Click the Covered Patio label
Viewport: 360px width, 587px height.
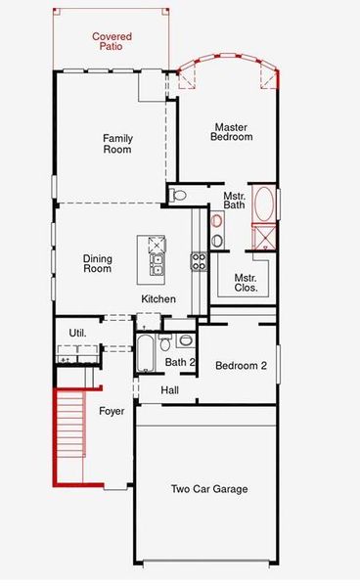(112, 42)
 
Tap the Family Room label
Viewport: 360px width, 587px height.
(117, 144)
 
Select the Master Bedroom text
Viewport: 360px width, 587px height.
(232, 132)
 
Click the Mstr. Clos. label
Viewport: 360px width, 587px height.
(245, 283)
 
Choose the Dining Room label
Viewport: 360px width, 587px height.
(99, 265)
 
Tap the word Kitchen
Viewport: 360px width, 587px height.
(158, 299)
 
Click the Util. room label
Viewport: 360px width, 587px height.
(77, 333)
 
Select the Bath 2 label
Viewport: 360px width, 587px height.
(181, 363)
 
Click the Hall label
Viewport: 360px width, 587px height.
(170, 390)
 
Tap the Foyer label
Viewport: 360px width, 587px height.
(112, 412)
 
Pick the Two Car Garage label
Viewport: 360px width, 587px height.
(208, 489)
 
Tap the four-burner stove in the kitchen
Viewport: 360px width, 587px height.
(199, 261)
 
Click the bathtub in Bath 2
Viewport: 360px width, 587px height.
(146, 353)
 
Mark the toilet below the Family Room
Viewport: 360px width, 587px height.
(177, 196)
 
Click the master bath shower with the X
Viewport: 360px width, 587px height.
(263, 238)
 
